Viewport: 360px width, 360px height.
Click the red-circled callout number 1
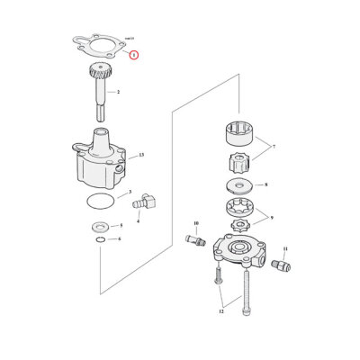pyautogui.click(x=133, y=55)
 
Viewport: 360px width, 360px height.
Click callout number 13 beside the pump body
pyautogui.click(x=141, y=157)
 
